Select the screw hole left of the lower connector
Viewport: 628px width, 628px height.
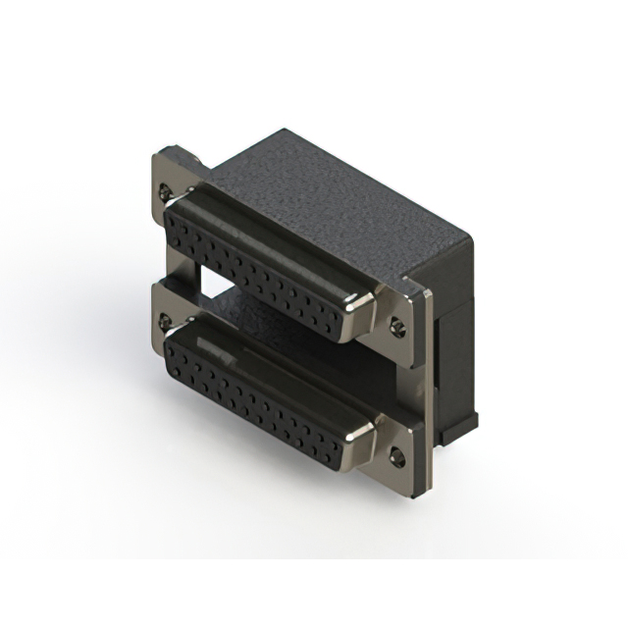(166, 322)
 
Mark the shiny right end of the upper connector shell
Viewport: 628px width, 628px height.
(363, 312)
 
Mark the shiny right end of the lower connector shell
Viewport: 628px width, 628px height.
(361, 442)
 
